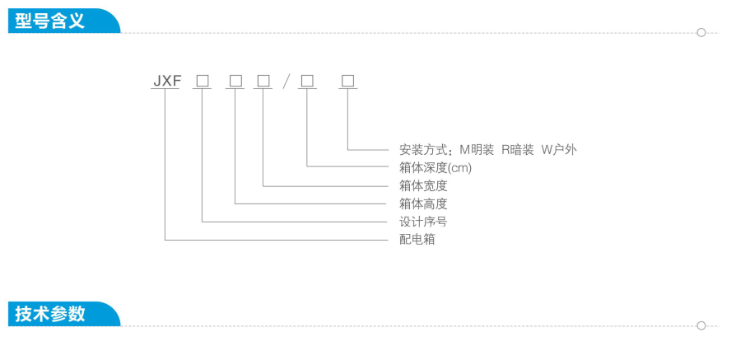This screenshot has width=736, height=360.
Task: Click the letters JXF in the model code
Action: (166, 81)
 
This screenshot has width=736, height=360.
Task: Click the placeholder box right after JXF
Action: (203, 81)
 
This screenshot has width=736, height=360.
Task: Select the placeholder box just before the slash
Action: (263, 81)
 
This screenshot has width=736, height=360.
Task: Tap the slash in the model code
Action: (286, 82)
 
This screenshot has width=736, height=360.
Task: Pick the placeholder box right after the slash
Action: (307, 81)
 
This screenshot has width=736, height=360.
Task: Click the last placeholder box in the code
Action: (347, 81)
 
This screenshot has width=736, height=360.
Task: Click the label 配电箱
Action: (417, 239)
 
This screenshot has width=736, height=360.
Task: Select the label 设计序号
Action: (423, 222)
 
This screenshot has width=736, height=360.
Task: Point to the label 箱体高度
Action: (423, 203)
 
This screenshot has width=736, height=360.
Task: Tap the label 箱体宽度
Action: (423, 185)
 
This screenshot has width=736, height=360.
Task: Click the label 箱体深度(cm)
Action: (436, 168)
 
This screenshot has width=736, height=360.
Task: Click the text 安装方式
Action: (423, 150)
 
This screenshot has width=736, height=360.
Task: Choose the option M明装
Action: (477, 150)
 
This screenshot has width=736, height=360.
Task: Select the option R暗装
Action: (518, 150)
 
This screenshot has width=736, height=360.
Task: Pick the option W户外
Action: (559, 150)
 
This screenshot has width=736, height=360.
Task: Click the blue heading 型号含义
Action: (49, 21)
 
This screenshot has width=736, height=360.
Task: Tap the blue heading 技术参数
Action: (49, 314)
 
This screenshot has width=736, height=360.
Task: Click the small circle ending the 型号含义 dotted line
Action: (701, 32)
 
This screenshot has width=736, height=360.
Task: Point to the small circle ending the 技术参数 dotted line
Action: (701, 325)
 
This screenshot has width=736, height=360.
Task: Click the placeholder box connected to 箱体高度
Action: (235, 81)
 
